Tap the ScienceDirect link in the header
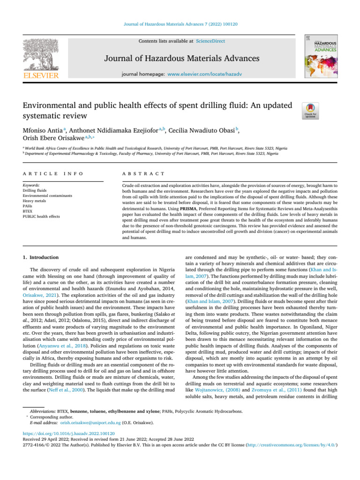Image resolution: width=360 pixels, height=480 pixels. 210,41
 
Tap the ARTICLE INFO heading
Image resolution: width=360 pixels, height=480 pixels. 52,174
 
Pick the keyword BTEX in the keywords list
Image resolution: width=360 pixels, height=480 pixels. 28,211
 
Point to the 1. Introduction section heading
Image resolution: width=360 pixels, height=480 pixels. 41,257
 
